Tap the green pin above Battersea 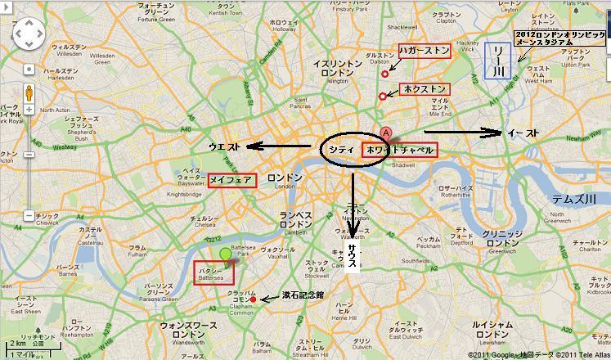pos(225,254)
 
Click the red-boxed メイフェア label pos(231,179)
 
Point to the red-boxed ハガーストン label pos(423,51)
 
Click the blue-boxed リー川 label pos(496,61)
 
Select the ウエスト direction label pos(224,147)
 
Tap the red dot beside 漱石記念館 pos(253,300)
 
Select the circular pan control pos(29,35)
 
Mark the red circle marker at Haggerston pos(384,74)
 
